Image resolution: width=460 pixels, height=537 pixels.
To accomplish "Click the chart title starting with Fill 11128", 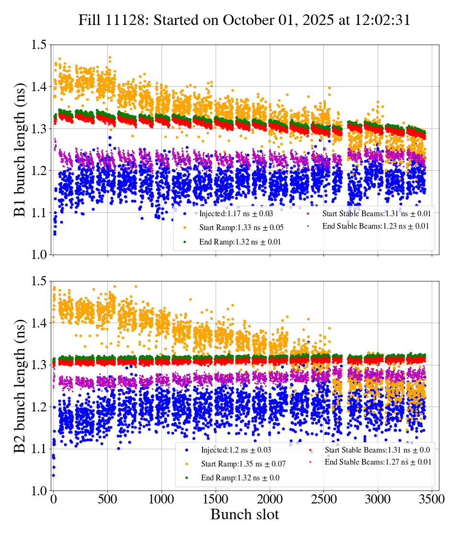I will coord(244,21).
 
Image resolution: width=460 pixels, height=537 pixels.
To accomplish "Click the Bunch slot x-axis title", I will coord(244,514).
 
